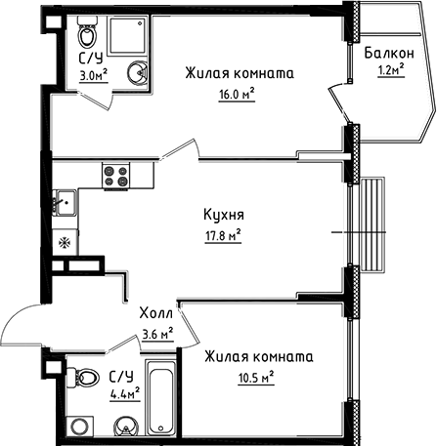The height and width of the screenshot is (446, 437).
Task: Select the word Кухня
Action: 224,215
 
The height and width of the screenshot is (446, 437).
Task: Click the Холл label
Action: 156,314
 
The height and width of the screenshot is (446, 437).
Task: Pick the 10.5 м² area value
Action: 252,377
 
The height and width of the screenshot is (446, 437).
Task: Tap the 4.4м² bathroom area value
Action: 124,393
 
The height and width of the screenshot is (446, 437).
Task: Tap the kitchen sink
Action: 64,205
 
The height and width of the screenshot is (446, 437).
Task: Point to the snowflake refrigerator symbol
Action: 66,241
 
